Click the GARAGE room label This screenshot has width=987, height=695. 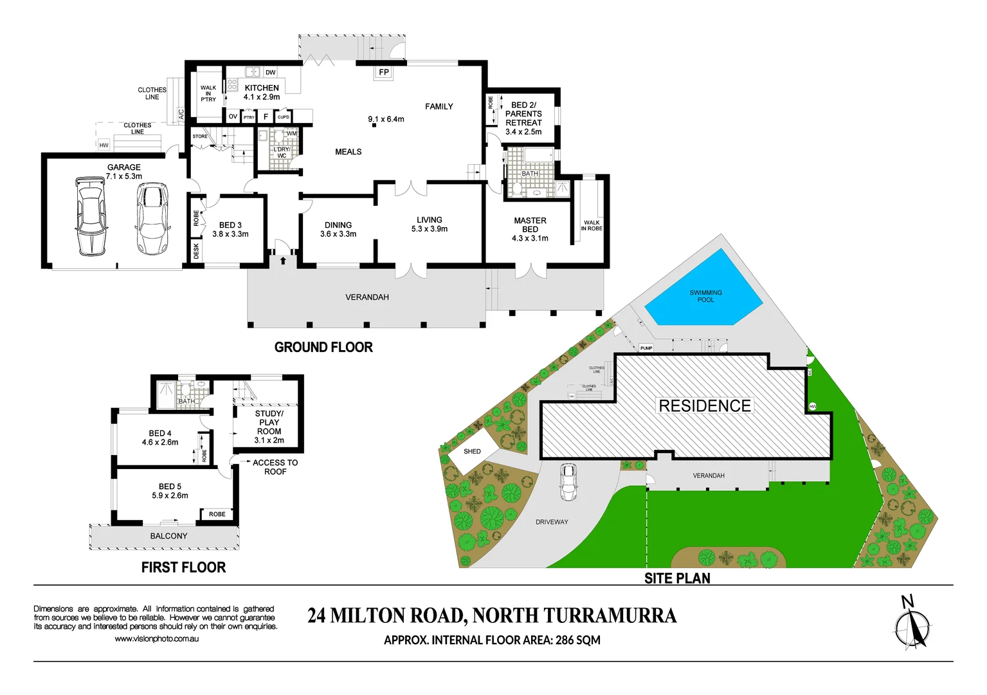point(124,167)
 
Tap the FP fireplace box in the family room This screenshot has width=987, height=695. point(384,72)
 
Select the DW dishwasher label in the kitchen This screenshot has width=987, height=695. point(271,73)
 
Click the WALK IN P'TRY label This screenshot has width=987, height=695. point(208,93)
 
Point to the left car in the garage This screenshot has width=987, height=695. point(90,217)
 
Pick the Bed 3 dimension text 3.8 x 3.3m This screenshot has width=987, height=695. point(231,234)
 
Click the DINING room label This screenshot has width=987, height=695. point(338,225)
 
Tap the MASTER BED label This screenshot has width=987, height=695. point(530,225)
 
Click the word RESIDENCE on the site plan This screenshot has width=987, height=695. point(705,406)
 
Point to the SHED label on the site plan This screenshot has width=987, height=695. point(472,452)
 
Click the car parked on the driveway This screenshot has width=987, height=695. point(568,481)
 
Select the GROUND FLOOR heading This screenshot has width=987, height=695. point(323,347)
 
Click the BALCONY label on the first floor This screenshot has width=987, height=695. point(168,536)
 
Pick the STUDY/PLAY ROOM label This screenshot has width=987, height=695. point(269,423)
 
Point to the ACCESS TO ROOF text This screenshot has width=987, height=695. point(275,467)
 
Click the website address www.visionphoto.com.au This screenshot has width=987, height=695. point(156,639)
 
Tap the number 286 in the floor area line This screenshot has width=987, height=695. point(565,640)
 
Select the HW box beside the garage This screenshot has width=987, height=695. point(104,145)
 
